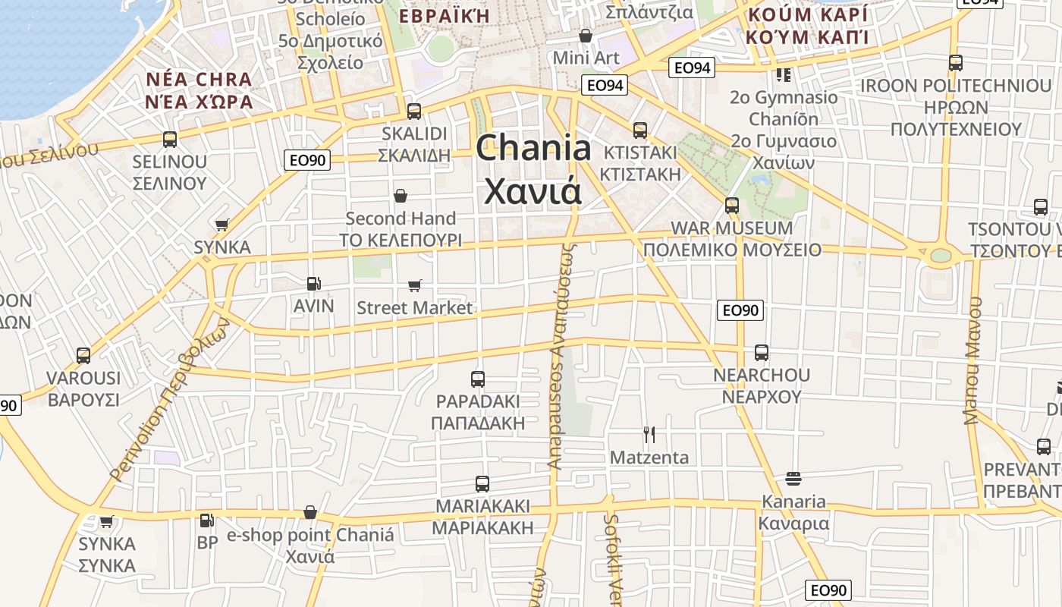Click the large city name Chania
click(x=533, y=148)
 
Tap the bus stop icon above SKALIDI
click(x=413, y=112)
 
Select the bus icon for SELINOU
click(x=169, y=140)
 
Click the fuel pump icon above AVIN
click(x=313, y=284)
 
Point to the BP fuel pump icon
click(x=206, y=521)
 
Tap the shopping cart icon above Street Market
click(x=414, y=285)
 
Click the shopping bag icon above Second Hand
click(x=401, y=197)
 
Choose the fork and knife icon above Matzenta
click(x=649, y=435)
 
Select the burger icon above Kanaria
click(x=793, y=479)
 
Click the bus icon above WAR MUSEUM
click(x=731, y=206)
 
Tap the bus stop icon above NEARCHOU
click(x=761, y=353)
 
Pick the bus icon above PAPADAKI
click(x=478, y=379)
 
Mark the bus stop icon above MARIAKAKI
click(x=482, y=483)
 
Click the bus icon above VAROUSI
click(x=83, y=356)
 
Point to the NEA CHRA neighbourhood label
click(x=199, y=80)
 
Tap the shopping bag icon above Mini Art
click(x=586, y=36)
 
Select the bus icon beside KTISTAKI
click(x=640, y=131)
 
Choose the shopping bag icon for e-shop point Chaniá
click(x=309, y=513)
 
